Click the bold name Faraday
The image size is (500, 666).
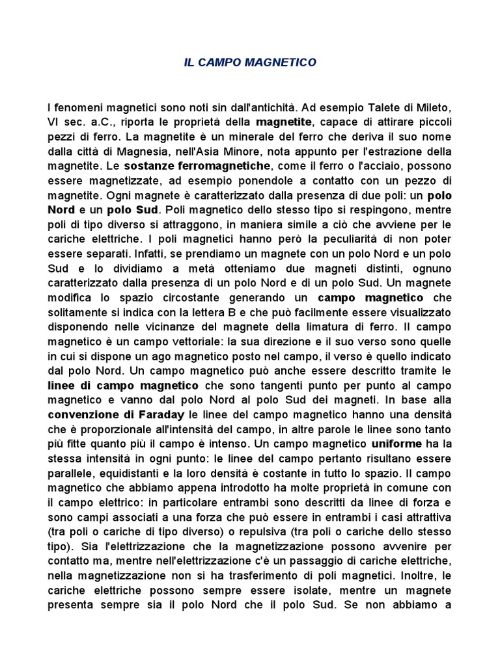click(154, 414)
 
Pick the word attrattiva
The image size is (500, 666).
click(422, 517)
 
